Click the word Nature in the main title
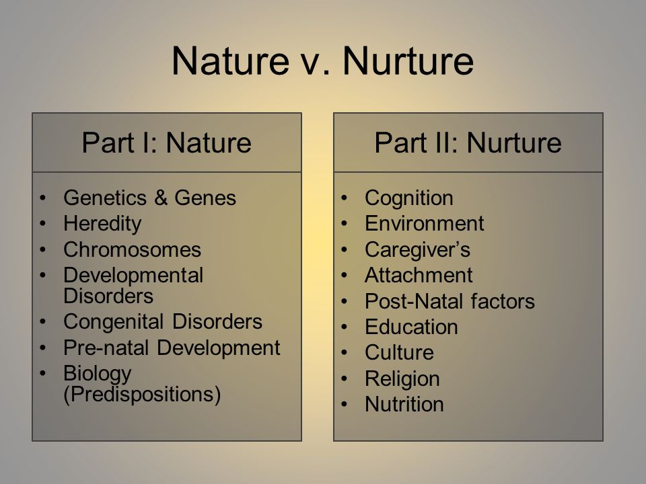pyautogui.click(x=230, y=61)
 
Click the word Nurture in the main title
pyautogui.click(x=408, y=61)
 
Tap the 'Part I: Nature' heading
pyautogui.click(x=166, y=143)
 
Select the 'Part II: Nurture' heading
pyautogui.click(x=468, y=143)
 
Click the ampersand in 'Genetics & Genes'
pyautogui.click(x=161, y=198)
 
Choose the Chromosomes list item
pyautogui.click(x=133, y=249)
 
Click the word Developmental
pyautogui.click(x=133, y=276)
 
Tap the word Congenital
pyautogui.click(x=114, y=322)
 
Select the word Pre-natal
pyautogui.click(x=106, y=348)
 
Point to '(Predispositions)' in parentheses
pyautogui.click(x=142, y=395)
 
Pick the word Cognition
pyautogui.click(x=408, y=198)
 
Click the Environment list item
pyautogui.click(x=425, y=223)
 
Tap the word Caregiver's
pyautogui.click(x=417, y=250)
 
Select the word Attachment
pyautogui.click(x=419, y=276)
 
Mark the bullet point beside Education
pyautogui.click(x=345, y=327)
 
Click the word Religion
pyautogui.click(x=402, y=379)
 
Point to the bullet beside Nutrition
pyautogui.click(x=345, y=404)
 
